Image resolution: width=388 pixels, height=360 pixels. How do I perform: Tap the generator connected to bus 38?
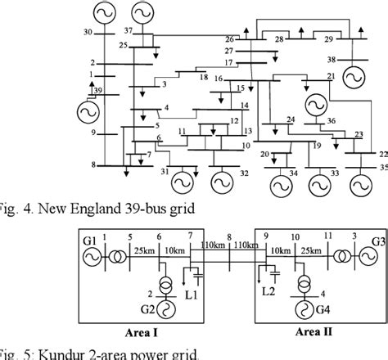355,77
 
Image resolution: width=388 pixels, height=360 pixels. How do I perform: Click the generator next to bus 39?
88,110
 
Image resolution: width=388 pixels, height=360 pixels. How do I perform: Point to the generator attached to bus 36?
313,105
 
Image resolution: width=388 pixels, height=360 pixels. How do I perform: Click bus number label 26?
229,38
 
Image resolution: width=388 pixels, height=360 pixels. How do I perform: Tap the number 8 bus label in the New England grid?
93,164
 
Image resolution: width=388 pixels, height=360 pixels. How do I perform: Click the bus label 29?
328,38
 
